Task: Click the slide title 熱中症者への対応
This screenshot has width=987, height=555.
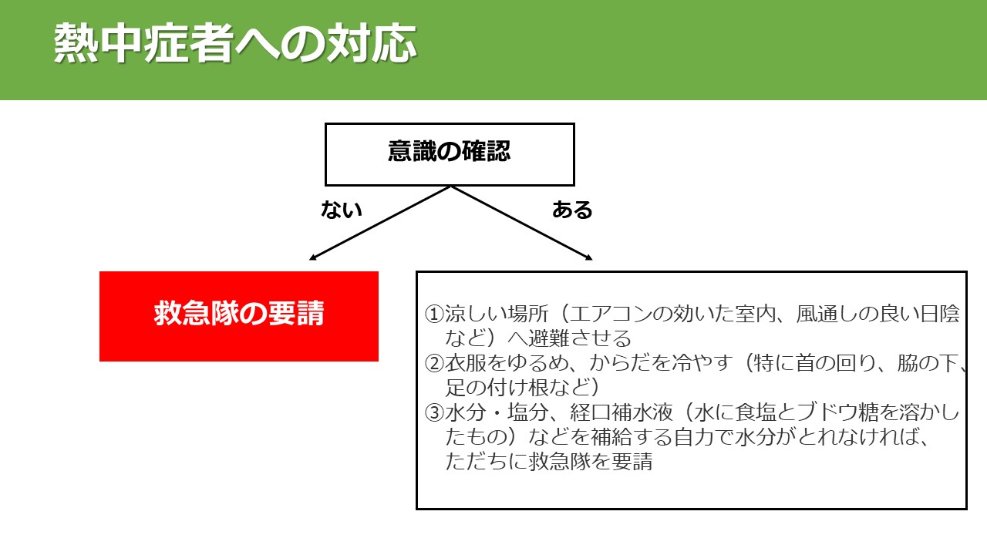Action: coord(235,42)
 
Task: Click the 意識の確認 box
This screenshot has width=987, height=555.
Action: coord(450,155)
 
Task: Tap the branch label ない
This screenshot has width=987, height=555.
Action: coord(342,210)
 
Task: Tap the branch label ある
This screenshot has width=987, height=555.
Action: coord(572,210)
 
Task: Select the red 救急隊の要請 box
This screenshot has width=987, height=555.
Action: coord(239,316)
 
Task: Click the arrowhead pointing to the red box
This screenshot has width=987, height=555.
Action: coord(312,257)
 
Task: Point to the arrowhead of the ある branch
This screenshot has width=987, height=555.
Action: coord(588,257)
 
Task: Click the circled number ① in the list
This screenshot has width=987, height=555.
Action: coord(434,314)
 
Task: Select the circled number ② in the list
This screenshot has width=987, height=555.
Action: coord(434,363)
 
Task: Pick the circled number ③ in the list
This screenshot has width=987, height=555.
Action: coord(434,412)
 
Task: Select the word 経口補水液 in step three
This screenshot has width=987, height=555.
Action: coord(622,412)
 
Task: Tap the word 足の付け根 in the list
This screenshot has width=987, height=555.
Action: coord(497,388)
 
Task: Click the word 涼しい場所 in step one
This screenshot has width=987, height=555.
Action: coord(497,314)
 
